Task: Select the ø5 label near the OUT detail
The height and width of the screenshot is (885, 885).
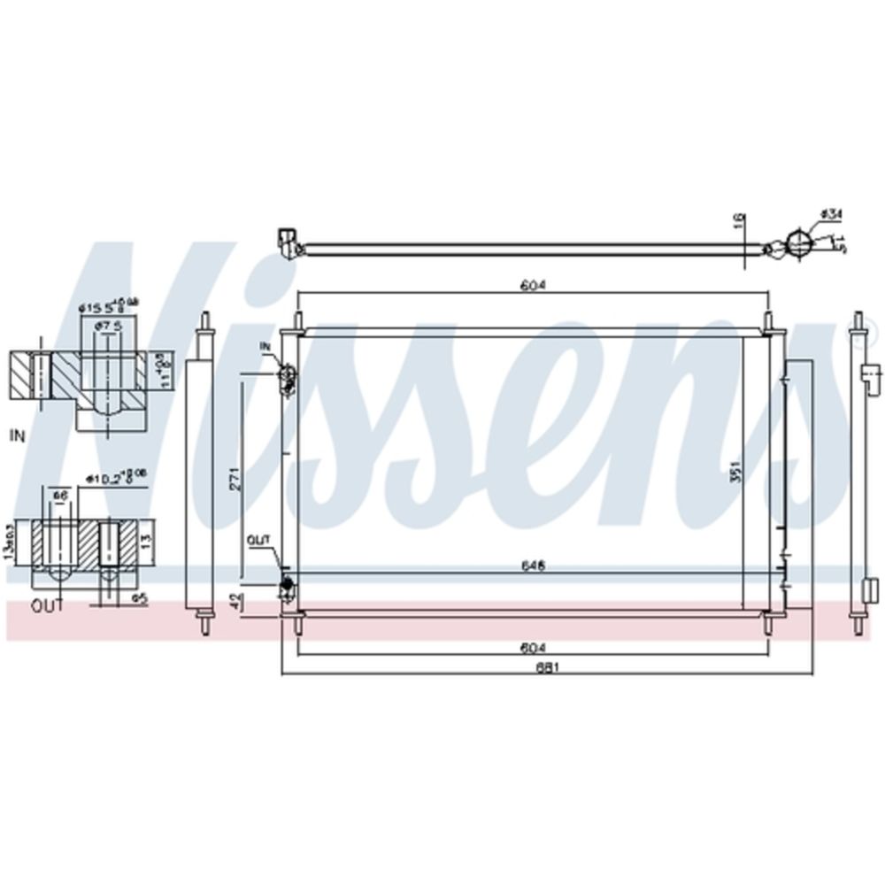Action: coord(138,599)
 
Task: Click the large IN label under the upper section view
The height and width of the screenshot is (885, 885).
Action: coord(17,435)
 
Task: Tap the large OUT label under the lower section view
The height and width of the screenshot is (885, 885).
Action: coord(48,607)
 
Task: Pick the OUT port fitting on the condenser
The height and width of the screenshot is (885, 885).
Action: coord(286,584)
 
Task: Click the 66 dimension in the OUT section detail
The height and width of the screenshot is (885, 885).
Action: coord(59,496)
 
